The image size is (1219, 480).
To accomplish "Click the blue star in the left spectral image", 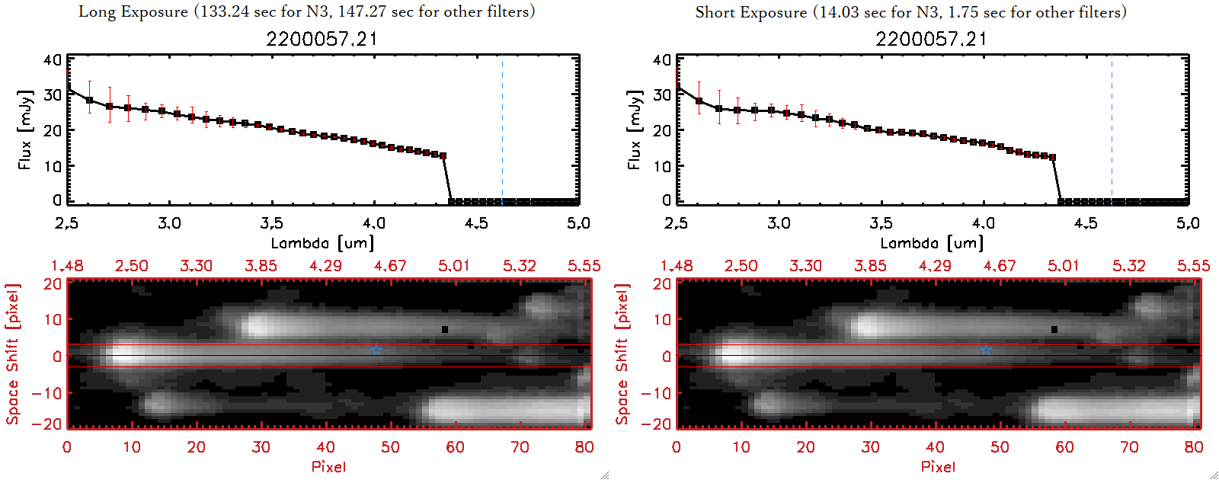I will (x=377, y=350).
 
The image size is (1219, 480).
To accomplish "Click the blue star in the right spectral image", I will (x=987, y=350).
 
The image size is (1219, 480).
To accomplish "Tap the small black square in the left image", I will (x=445, y=330).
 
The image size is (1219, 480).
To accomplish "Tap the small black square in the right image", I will (x=1054, y=330).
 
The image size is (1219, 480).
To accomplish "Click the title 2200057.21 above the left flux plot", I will (x=322, y=40).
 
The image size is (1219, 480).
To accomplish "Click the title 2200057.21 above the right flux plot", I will (x=931, y=40).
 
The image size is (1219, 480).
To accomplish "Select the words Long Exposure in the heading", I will (x=133, y=12).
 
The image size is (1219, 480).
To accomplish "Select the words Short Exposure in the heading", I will (x=750, y=13).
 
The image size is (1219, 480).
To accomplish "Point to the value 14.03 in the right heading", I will (x=837, y=13).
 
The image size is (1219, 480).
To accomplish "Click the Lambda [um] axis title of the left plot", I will (x=322, y=243).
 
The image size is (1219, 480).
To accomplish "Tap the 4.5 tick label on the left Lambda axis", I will (x=476, y=223).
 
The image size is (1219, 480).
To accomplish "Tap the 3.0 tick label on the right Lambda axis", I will (x=779, y=223).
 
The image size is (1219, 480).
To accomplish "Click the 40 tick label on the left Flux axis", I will (x=53, y=59).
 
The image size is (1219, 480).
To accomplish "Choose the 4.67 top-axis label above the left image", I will (x=390, y=266).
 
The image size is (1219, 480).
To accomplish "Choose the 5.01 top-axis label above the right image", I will (x=1064, y=266).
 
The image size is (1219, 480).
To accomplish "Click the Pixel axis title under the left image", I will (x=328, y=466).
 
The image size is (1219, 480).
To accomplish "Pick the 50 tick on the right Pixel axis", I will (x=1000, y=447).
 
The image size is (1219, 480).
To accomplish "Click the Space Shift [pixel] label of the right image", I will (x=622, y=354).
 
